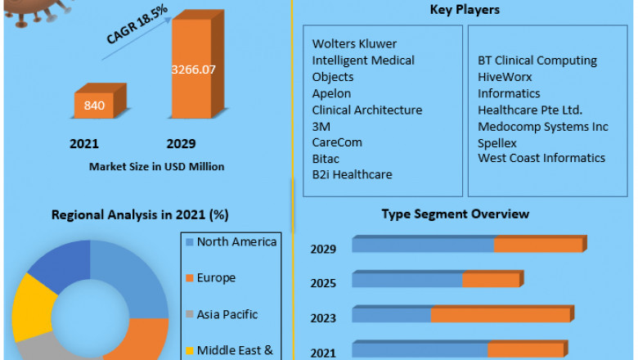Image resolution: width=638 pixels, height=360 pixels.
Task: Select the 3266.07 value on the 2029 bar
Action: [x=193, y=70]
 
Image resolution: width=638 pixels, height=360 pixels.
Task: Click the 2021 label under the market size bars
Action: [x=84, y=144]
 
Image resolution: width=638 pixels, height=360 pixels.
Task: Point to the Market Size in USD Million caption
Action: [x=156, y=166]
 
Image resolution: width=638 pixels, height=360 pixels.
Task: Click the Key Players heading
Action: [x=465, y=10]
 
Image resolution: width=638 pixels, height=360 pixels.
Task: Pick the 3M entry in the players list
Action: [x=321, y=126]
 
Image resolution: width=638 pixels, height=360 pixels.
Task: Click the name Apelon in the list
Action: [x=331, y=93]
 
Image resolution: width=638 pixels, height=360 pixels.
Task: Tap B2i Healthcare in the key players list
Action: [x=352, y=174]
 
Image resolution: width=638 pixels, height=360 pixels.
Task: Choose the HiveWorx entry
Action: [x=505, y=77]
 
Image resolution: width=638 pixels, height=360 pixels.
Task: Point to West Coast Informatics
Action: [x=541, y=158]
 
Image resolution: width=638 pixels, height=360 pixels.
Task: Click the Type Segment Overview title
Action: [x=455, y=214]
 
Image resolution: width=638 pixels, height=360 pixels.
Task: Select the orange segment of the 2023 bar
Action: [x=501, y=315]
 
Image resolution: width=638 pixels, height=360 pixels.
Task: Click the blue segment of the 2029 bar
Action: [x=423, y=245]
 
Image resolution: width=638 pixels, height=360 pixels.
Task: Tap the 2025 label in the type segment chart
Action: [x=323, y=282]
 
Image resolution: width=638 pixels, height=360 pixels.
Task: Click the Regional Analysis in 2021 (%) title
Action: [x=140, y=215]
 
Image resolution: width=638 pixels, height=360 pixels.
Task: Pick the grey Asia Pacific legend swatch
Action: [x=190, y=315]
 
